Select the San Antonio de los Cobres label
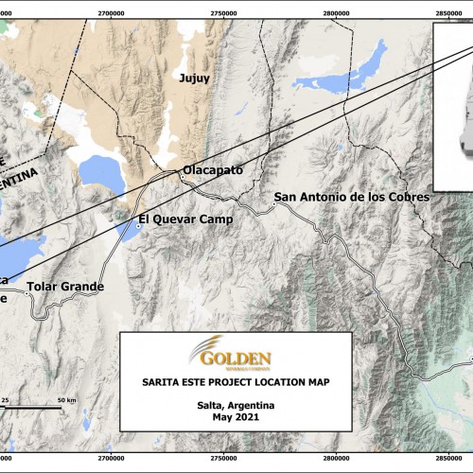351,198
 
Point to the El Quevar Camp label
185,220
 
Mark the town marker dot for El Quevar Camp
136,225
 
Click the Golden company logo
233,357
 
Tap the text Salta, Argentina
236,405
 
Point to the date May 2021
236,416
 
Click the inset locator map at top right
452,104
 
